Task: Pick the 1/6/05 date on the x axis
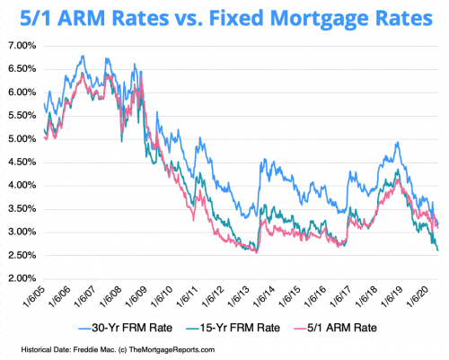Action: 37,300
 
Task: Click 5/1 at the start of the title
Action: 37,17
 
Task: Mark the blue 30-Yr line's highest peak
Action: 83,56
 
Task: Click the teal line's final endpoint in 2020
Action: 437,250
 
